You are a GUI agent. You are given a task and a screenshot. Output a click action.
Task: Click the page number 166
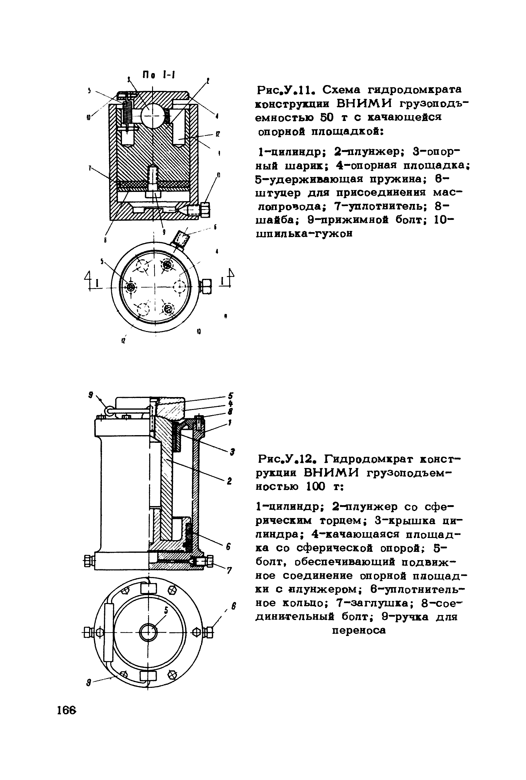coord(66,710)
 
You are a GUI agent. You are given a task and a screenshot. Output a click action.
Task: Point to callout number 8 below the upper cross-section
coord(105,240)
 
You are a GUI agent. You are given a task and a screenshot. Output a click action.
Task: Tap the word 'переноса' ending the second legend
coord(359,630)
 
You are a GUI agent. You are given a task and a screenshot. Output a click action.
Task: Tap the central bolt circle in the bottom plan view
coord(148,633)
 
